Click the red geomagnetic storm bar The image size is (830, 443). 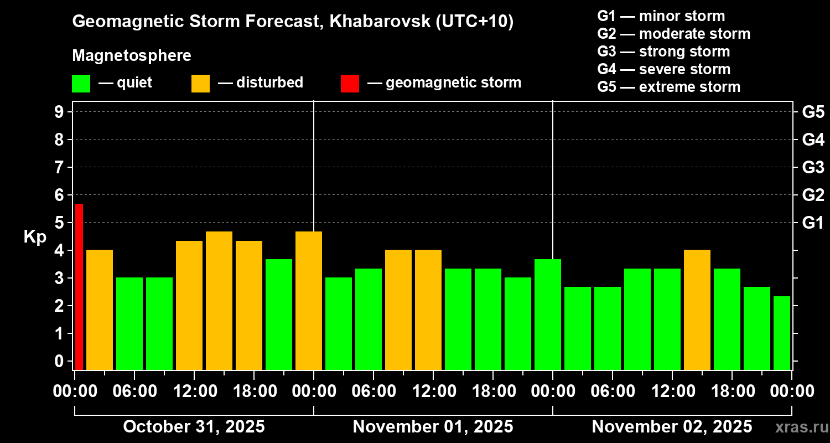79,286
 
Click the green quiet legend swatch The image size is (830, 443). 81,83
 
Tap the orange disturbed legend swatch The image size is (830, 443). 200,83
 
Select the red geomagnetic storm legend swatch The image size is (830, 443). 350,83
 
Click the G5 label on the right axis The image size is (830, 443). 813,112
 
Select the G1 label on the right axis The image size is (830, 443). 813,223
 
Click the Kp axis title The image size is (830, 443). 35,236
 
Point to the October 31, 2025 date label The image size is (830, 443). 194,426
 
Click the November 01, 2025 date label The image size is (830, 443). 433,426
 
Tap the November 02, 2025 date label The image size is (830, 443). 672,426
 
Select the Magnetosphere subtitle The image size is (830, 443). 132,56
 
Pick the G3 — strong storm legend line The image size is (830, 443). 663,51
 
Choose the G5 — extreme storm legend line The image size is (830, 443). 668,87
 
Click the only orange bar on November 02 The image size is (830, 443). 697,310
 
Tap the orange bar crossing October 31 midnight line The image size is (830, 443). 309,300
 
